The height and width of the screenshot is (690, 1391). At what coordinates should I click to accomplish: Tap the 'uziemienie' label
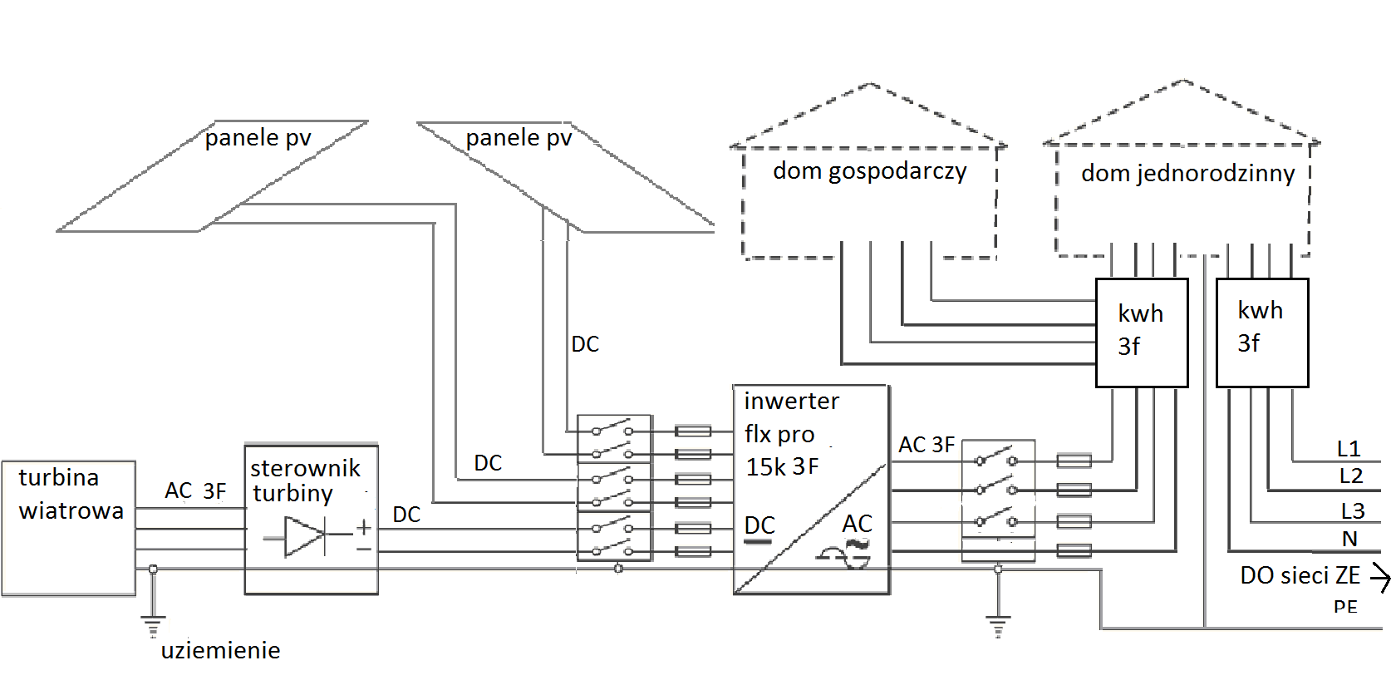coord(220,650)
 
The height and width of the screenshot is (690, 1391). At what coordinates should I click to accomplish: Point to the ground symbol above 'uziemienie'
coord(153,624)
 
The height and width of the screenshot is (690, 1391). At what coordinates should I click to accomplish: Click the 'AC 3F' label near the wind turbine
coord(195,490)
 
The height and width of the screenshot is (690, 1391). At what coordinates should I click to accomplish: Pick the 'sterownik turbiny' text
coord(305,481)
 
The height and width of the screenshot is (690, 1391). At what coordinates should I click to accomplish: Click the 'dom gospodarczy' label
coord(869,171)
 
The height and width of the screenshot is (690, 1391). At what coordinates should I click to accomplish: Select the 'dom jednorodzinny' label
coord(1187,173)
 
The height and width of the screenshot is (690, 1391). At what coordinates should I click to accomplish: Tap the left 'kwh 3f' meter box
coord(1142,333)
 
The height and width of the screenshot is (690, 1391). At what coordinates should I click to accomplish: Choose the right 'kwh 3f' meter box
coord(1261,333)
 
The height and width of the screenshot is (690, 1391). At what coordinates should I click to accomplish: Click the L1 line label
coord(1348,449)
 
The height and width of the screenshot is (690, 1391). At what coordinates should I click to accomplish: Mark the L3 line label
coord(1352,510)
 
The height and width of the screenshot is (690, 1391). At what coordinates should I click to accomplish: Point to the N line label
coord(1349,539)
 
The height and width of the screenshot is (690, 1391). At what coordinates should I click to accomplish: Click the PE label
coord(1345,607)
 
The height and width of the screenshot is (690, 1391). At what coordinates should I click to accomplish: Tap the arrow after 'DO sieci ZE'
coord(1380,577)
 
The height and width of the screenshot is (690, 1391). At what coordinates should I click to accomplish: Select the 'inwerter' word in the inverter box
coord(791,402)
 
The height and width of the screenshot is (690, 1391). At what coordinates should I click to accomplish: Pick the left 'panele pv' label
coord(258,137)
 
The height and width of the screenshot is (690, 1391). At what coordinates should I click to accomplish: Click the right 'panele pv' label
coord(519,137)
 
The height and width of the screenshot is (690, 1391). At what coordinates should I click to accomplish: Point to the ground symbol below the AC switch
coord(998,624)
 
